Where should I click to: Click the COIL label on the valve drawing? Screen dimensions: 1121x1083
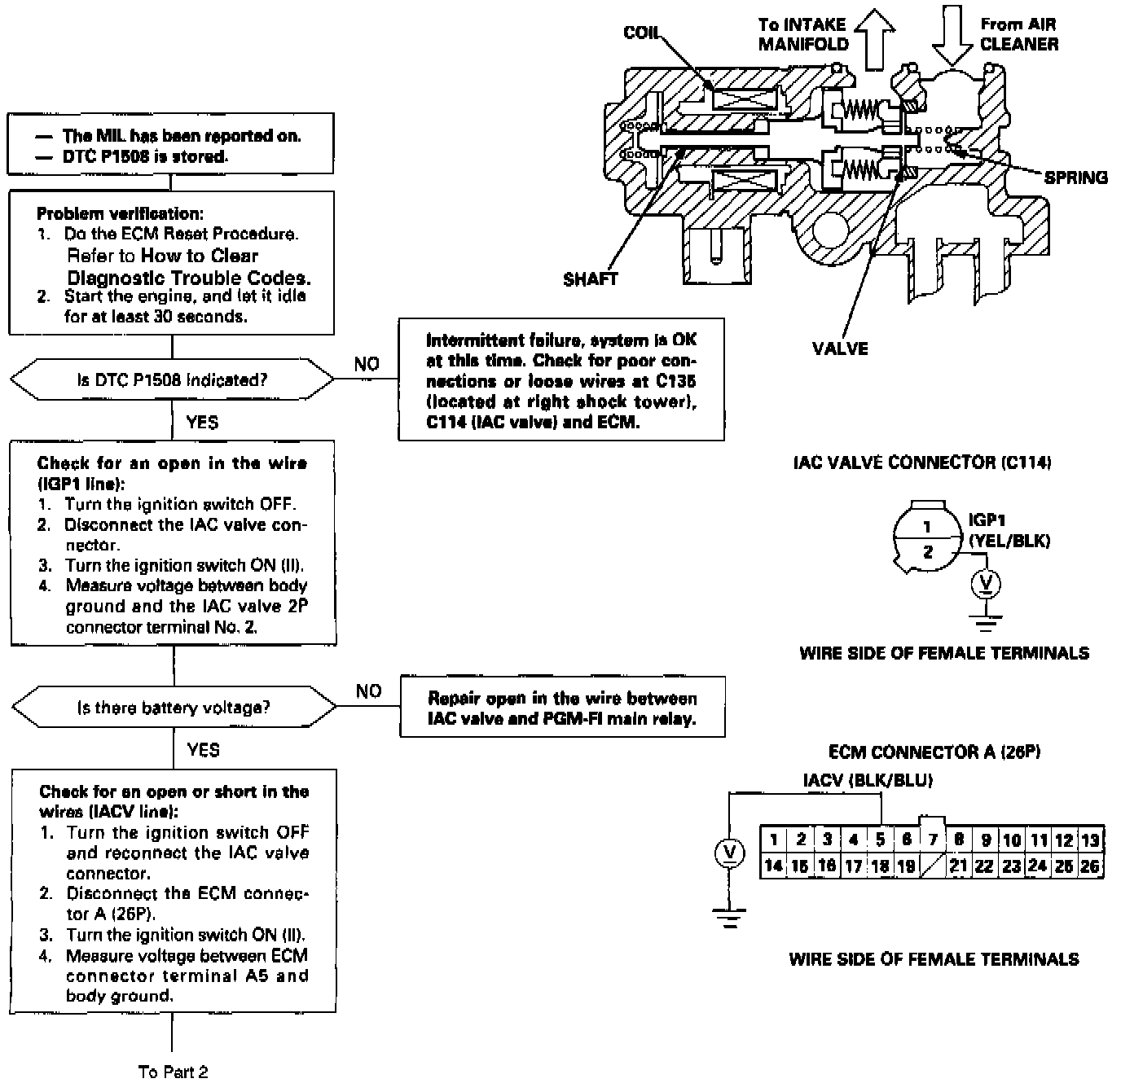[641, 33]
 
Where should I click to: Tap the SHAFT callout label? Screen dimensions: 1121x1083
[591, 279]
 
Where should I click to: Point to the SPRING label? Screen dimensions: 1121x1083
[1076, 178]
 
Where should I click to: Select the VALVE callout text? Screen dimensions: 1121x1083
[840, 349]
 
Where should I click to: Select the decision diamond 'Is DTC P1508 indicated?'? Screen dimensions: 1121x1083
[172, 379]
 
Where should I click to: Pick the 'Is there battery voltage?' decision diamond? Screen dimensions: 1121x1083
[174, 707]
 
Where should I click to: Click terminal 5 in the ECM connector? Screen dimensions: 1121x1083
[880, 839]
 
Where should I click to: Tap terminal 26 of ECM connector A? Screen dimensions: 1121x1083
[1090, 866]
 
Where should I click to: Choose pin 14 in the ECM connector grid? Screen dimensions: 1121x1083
[773, 866]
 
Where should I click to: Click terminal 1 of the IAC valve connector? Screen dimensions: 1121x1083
[927, 526]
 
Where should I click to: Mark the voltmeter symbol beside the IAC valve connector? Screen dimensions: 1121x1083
[987, 585]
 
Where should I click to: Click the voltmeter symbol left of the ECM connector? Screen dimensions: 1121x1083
[729, 853]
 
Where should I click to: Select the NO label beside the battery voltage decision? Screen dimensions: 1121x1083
[369, 691]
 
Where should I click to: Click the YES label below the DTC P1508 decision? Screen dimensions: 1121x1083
[202, 422]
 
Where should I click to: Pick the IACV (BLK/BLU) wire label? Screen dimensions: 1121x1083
[868, 780]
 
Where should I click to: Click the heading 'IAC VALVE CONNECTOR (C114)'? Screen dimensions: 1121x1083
[922, 463]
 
